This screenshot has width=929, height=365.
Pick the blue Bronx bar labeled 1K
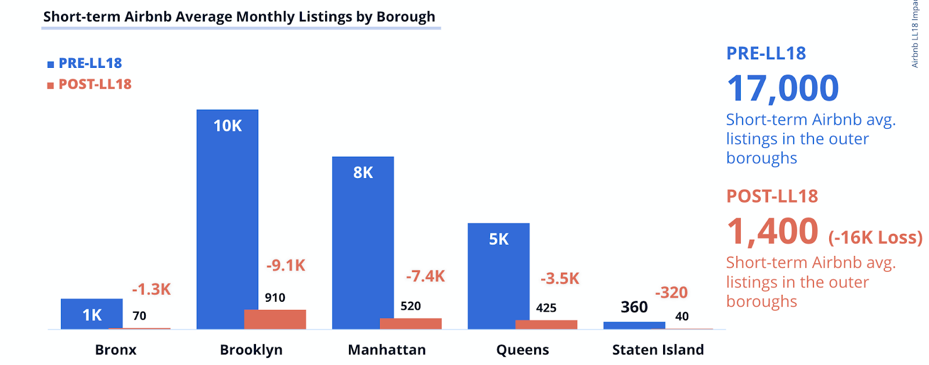tap(92, 314)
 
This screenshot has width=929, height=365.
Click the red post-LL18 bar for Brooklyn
tap(275, 319)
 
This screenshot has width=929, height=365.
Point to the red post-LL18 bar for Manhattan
tap(411, 323)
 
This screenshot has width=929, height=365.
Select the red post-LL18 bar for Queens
tap(546, 324)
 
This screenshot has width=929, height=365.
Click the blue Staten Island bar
tap(634, 326)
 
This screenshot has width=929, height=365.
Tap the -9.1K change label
tap(286, 265)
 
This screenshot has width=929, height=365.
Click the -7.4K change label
tap(425, 276)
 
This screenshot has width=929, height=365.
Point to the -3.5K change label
tap(560, 279)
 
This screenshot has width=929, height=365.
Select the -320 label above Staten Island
tap(671, 292)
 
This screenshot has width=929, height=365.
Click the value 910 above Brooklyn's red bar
tap(275, 298)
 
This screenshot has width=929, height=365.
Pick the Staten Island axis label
tap(658, 350)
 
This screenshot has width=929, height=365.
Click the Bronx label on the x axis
tap(116, 350)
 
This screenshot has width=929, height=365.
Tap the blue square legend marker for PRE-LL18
tap(51, 64)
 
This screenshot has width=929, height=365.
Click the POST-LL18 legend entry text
tap(95, 85)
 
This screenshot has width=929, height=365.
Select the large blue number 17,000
tap(783, 88)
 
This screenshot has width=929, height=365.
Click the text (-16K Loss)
tap(875, 237)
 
